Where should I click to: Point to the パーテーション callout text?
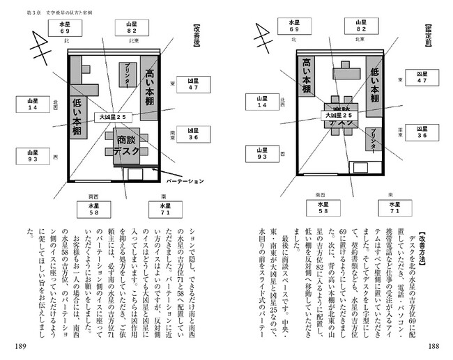pyautogui.click(x=185, y=181)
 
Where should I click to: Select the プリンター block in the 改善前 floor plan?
pyautogui.click(x=375, y=141)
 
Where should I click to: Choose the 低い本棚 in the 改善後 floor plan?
pyautogui.click(x=77, y=117)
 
